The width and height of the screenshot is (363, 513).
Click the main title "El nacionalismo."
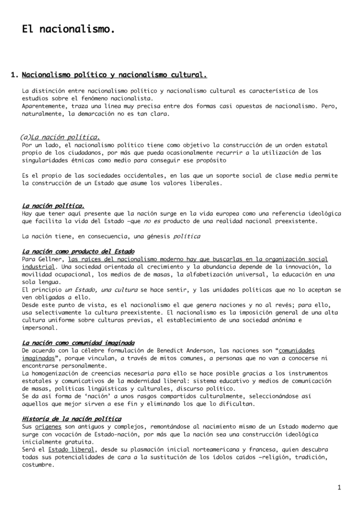[x=69, y=30]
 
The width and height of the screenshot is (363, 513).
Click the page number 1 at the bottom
[x=339, y=487]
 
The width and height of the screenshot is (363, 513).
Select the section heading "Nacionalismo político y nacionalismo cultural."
[x=114, y=75]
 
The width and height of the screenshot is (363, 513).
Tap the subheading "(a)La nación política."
[x=60, y=137]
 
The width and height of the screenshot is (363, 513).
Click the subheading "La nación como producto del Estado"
[x=78, y=251]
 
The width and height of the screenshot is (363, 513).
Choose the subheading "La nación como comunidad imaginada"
[x=78, y=343]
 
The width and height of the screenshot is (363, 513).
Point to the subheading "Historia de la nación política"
[x=72, y=418]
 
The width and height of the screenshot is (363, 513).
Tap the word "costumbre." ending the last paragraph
[x=38, y=465]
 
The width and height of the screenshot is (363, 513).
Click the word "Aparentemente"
[x=46, y=107]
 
